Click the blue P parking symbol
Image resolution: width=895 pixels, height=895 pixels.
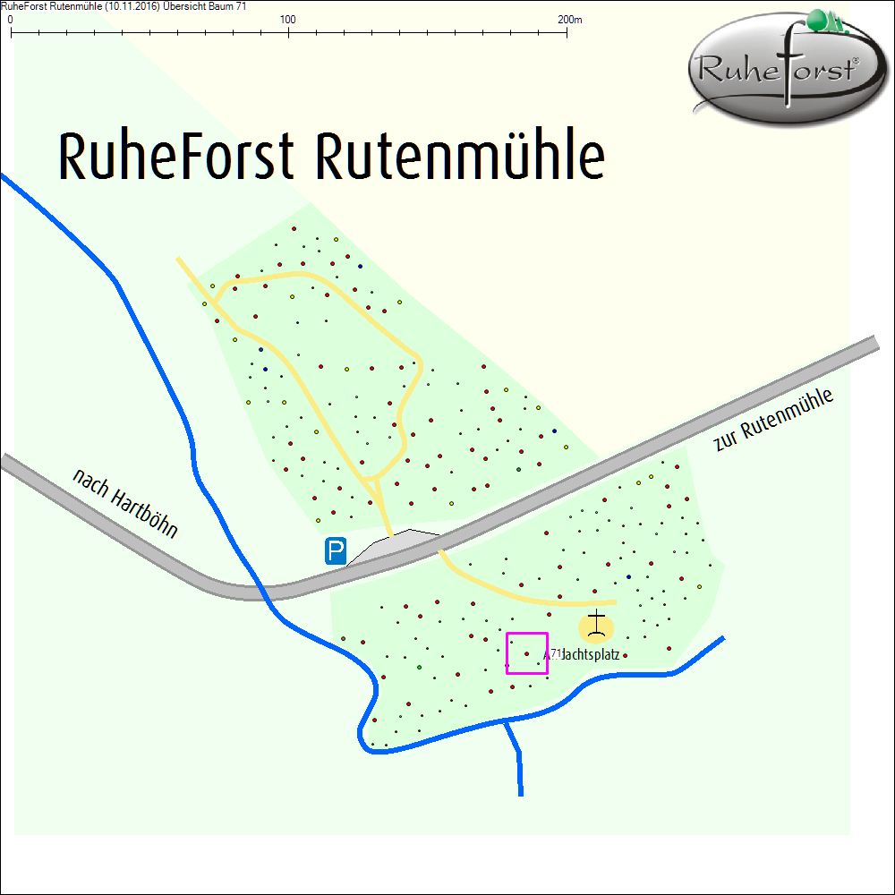pos(336,551)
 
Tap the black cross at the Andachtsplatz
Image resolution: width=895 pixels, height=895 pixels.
pos(597,624)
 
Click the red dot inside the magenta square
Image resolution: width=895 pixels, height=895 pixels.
pos(525,654)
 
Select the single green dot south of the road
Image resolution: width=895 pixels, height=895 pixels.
pos(419,668)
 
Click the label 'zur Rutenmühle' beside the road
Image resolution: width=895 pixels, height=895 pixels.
pos(774,420)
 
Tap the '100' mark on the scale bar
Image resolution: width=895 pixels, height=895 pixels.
pos(288,19)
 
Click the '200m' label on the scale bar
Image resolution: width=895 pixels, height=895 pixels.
pos(569,19)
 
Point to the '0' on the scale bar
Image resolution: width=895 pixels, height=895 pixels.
pos(10,19)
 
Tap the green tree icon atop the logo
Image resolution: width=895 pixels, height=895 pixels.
pos(824,21)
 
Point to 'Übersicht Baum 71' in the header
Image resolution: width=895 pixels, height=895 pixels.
pos(208,6)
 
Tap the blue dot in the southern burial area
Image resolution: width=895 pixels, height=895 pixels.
pos(628,575)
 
